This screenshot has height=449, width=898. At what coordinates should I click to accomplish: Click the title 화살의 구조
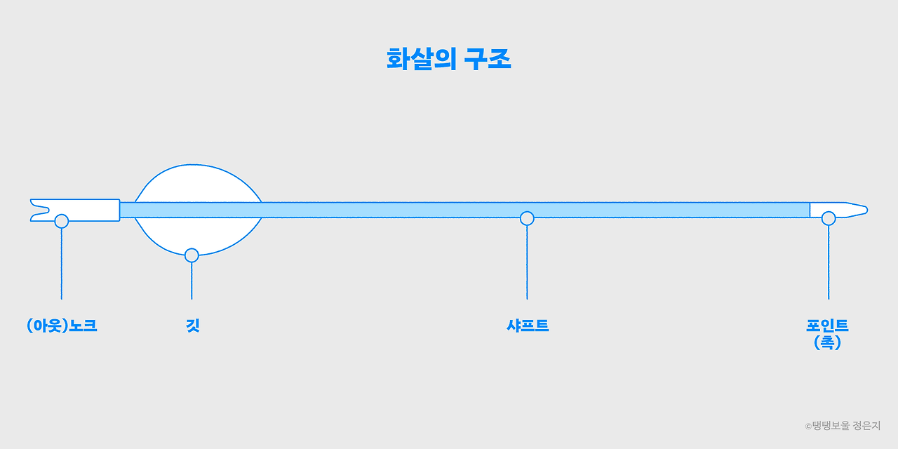coord(448,60)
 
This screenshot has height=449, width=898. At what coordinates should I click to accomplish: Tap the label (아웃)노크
coord(62,326)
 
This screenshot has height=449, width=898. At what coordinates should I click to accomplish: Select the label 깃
coord(192,326)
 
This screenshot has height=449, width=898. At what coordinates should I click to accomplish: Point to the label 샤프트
coord(527,326)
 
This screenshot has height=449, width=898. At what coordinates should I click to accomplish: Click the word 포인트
coord(827,326)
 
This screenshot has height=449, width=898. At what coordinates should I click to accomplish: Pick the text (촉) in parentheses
coord(827,342)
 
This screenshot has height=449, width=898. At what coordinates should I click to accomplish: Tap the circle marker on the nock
coord(62,221)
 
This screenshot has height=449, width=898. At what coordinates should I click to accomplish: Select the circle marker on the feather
coord(192,255)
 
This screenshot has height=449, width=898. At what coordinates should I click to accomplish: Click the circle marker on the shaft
coord(527,218)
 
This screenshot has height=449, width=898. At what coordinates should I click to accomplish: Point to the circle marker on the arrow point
coord(829,218)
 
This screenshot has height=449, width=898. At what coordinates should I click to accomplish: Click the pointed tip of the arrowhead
coord(865,209)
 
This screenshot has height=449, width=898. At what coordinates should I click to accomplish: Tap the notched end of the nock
coord(35,210)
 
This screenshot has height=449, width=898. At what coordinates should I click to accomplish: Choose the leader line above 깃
coord(192,281)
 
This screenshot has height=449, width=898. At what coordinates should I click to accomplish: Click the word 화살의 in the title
coord(419,60)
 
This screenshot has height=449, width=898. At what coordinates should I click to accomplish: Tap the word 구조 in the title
coord(488,60)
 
